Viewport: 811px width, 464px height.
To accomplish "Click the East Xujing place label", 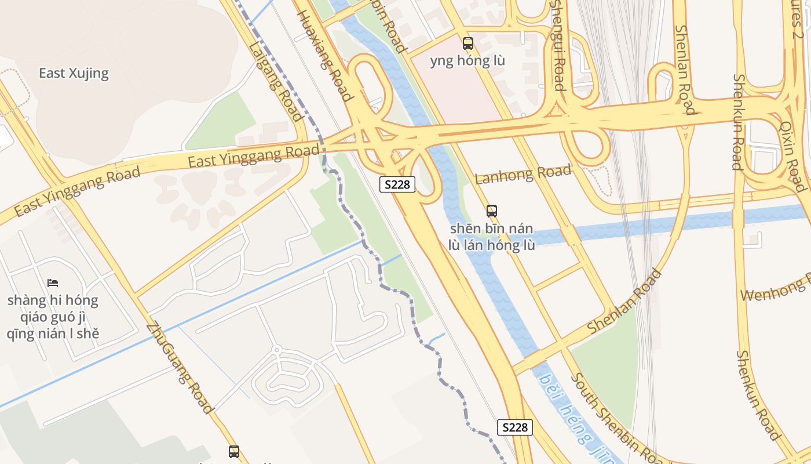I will point(74,73).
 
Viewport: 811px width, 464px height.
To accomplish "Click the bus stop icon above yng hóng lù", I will point(467,43).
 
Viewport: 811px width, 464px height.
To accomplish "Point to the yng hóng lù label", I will point(467,60).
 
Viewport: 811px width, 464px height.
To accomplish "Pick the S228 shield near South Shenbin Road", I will point(514,427).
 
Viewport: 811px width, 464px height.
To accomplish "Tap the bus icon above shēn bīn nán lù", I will point(492,211).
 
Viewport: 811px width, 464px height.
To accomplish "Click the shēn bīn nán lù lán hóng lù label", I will point(492,237).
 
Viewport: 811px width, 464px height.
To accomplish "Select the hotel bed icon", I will point(53,283).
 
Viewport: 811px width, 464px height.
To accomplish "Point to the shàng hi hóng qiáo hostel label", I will point(53,317).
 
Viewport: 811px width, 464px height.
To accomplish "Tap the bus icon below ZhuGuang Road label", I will point(234,451).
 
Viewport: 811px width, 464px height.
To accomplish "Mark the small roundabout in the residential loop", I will point(277,350).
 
